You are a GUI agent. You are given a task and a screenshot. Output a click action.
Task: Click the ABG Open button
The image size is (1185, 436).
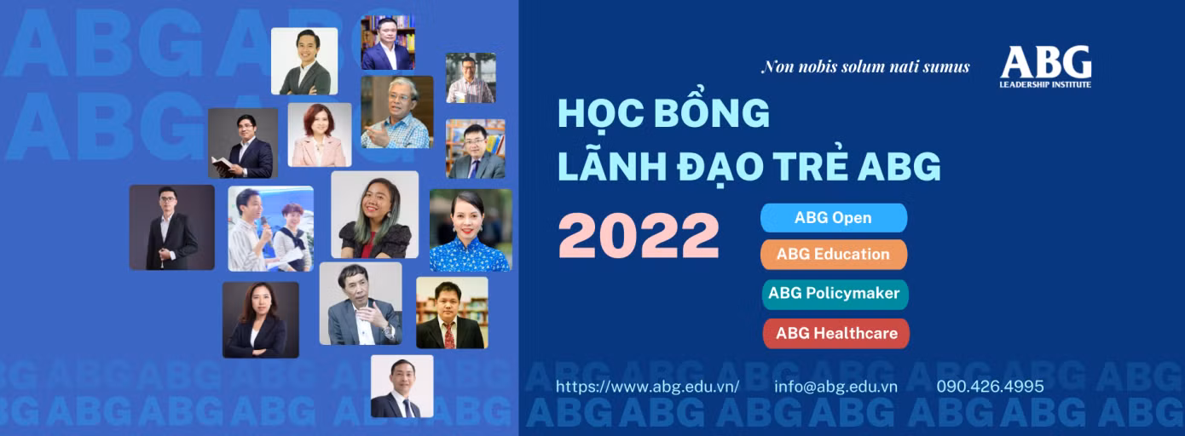pyautogui.click(x=834, y=218)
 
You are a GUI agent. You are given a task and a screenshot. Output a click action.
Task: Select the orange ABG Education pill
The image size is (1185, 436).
pyautogui.click(x=834, y=255)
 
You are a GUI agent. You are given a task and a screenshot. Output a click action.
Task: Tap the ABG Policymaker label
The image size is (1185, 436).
pyautogui.click(x=834, y=293)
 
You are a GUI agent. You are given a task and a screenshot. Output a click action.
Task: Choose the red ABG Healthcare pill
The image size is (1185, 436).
pyautogui.click(x=835, y=333)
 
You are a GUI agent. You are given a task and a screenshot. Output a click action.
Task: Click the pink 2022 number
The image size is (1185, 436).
pyautogui.click(x=639, y=236)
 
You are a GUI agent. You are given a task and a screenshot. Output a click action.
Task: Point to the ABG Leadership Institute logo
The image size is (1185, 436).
pyautogui.click(x=1045, y=66)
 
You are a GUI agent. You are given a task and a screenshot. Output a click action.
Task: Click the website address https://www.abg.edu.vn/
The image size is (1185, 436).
pyautogui.click(x=648, y=387)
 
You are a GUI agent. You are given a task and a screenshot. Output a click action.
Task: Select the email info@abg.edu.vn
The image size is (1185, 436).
pyautogui.click(x=835, y=387)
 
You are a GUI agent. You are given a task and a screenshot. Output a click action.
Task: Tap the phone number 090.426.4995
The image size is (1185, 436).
pyautogui.click(x=991, y=387)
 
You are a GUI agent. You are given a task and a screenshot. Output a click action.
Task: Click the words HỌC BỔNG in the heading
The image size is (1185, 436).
pyautogui.click(x=664, y=112)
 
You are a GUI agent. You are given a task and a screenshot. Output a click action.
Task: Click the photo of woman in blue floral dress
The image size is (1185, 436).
pyautogui.click(x=471, y=230)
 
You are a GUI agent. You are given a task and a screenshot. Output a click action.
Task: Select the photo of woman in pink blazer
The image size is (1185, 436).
pyautogui.click(x=320, y=135)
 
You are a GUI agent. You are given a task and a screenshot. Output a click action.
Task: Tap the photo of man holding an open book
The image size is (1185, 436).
pyautogui.click(x=243, y=143)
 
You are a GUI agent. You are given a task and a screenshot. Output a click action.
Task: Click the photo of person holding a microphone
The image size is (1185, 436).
pyautogui.click(x=271, y=229)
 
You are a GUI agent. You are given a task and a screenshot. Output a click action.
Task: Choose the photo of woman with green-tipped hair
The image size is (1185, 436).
pyautogui.click(x=374, y=215)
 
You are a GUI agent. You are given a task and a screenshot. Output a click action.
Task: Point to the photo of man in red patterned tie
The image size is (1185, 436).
pyautogui.click(x=452, y=313)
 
